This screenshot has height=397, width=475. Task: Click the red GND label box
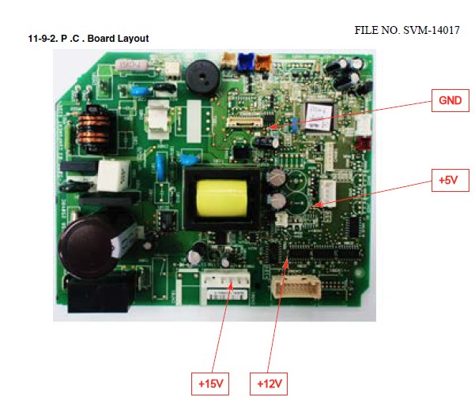click(x=450, y=101)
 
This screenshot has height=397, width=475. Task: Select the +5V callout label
click(x=449, y=181)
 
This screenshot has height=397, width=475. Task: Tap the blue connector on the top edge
click(x=246, y=59)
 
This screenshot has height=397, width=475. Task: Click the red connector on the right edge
click(x=364, y=144)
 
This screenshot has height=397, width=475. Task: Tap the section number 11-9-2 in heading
click(x=42, y=39)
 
